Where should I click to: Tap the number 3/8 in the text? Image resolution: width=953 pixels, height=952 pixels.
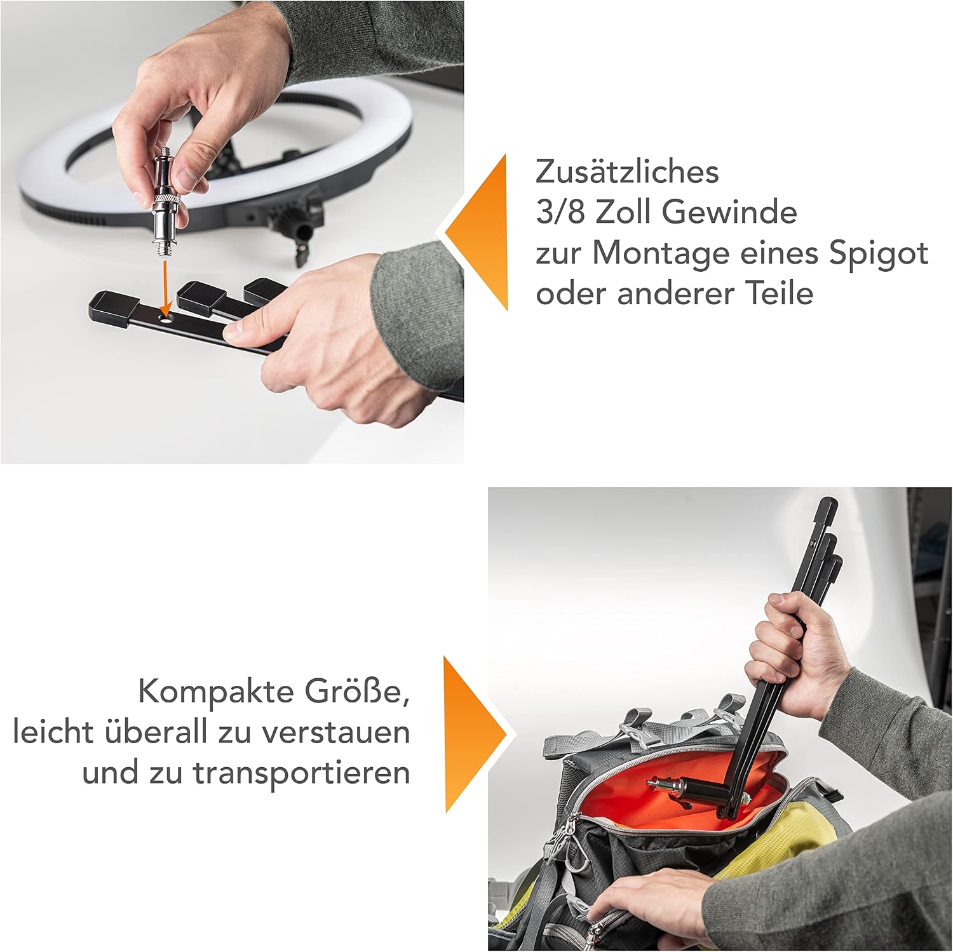click(560, 212)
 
